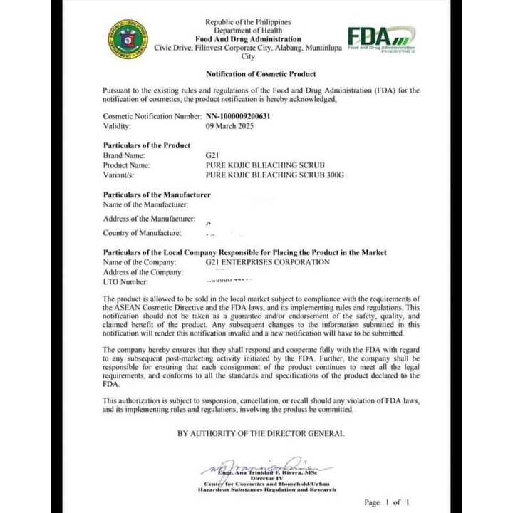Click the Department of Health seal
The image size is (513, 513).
click(x=128, y=39)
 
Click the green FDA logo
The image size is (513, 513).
click(x=380, y=38)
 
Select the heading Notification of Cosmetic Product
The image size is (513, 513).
click(x=261, y=74)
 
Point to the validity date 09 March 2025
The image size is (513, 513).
click(x=229, y=125)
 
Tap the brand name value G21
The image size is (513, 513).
click(x=212, y=155)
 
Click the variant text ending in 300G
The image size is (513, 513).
click(x=274, y=174)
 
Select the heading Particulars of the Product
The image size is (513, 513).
click(x=147, y=145)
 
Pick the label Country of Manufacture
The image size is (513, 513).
click(x=142, y=232)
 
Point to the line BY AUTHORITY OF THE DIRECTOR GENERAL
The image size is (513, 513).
click(x=261, y=433)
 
